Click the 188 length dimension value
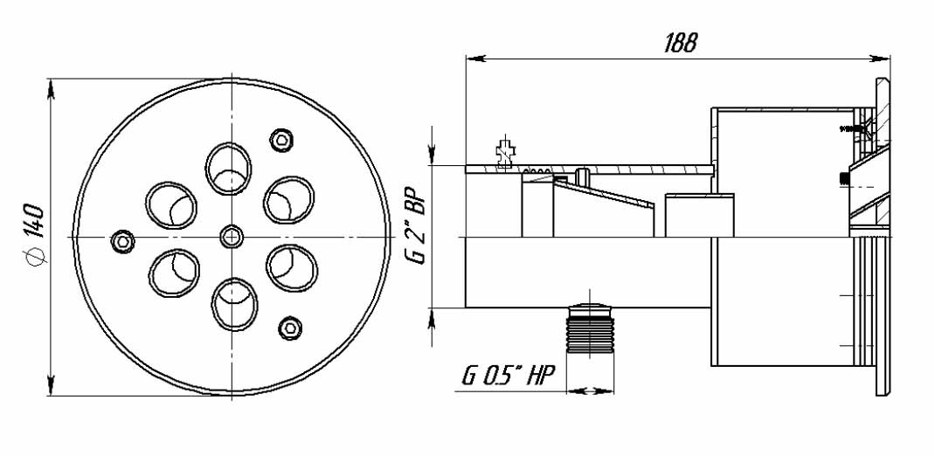680,44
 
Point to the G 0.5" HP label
509,377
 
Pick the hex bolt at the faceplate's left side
122,241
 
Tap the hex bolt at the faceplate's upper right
280,141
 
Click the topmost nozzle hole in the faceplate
228,169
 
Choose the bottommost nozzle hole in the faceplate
235,304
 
